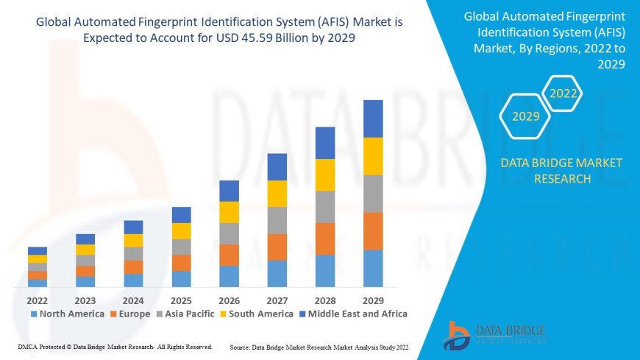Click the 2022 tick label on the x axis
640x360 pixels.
[x=38, y=300]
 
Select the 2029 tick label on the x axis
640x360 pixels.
[x=373, y=300]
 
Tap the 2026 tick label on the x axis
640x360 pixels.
[x=229, y=300]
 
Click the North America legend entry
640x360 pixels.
[x=67, y=314]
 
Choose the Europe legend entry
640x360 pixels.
[x=130, y=314]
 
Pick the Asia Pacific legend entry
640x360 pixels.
[x=185, y=314]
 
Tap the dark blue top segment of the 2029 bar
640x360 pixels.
[x=373, y=119]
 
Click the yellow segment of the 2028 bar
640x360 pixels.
[x=325, y=174]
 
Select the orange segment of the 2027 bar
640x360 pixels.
[x=277, y=247]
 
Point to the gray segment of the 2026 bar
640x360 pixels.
[x=229, y=233]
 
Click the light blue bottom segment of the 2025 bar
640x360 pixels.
[x=181, y=278]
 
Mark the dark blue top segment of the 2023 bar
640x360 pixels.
[x=85, y=239]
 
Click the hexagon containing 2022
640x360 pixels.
[x=563, y=93]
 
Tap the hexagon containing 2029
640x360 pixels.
[x=525, y=116]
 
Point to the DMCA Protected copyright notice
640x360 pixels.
[x=115, y=346]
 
